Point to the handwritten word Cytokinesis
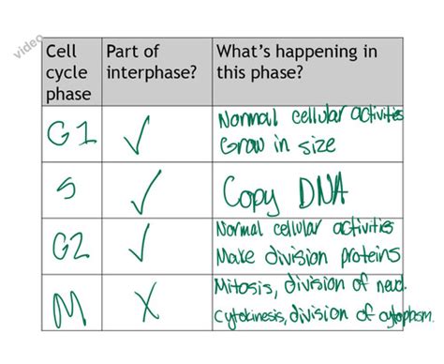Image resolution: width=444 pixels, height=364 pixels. [256, 313]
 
